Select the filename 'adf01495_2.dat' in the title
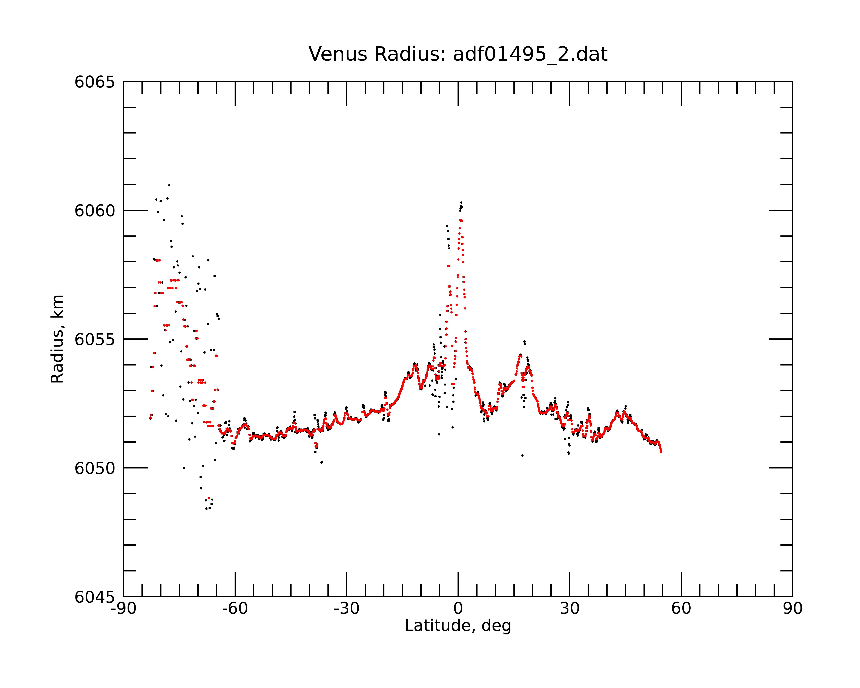pyautogui.click(x=530, y=54)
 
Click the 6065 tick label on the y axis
pyautogui.click(x=95, y=82)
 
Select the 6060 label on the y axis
pyautogui.click(x=95, y=210)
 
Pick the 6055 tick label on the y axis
pyautogui.click(x=95, y=339)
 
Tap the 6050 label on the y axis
pyautogui.click(x=95, y=468)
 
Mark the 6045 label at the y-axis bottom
pyautogui.click(x=95, y=597)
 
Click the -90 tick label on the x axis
pyautogui.click(x=124, y=609)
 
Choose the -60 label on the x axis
pyautogui.click(x=235, y=609)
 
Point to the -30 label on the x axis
pyautogui.click(x=347, y=609)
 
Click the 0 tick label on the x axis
pyautogui.click(x=458, y=609)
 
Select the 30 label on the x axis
pyautogui.click(x=570, y=609)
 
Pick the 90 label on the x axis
pyautogui.click(x=792, y=609)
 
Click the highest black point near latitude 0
pyautogui.click(x=461, y=202)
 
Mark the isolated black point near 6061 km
pyautogui.click(x=169, y=185)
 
